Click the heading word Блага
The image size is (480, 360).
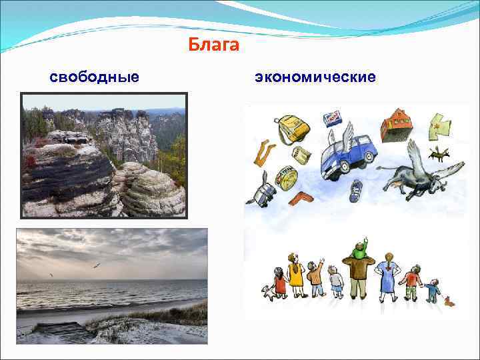click(213, 45)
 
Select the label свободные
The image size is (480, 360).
click(95, 77)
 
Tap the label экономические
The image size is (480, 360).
click(315, 77)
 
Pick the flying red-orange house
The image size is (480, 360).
click(396, 124)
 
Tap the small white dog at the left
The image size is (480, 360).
click(267, 291)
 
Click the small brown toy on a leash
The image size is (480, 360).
click(450, 301)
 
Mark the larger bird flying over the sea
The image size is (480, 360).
click(96, 265)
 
